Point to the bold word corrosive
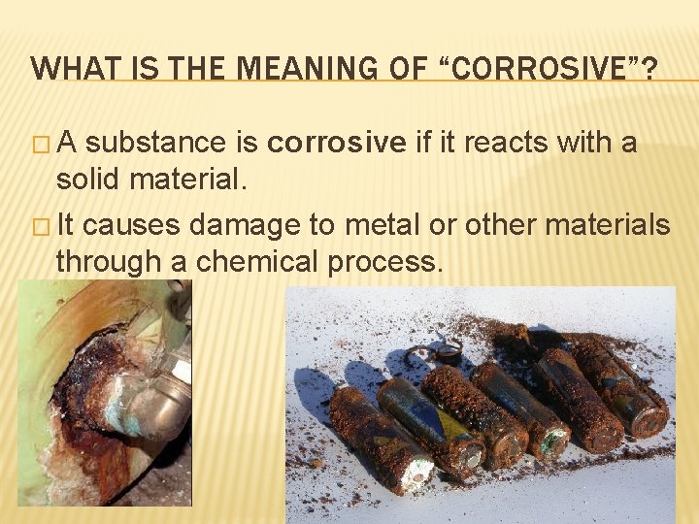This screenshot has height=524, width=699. (x=336, y=144)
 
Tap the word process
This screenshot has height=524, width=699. (x=387, y=262)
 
